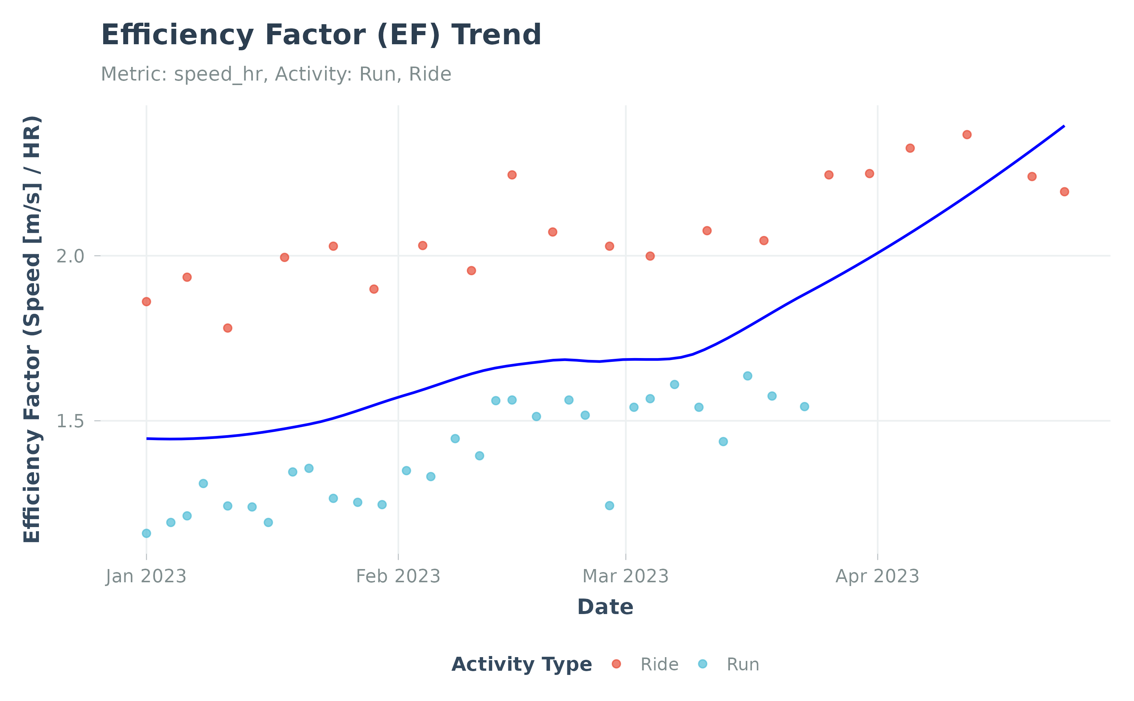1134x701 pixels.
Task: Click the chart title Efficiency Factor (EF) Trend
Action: point(321,35)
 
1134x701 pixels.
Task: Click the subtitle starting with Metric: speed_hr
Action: point(276,74)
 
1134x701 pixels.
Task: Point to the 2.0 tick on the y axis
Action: point(70,256)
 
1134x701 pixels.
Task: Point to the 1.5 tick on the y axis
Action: point(70,421)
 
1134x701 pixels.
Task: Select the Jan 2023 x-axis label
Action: point(146,576)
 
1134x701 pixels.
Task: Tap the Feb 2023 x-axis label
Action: point(398,576)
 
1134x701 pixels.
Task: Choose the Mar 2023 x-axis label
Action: point(625,576)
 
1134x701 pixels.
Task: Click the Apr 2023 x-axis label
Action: point(877,576)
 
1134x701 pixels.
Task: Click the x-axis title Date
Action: point(605,607)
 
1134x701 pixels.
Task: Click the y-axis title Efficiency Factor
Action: point(33,329)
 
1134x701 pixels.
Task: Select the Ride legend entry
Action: point(658,664)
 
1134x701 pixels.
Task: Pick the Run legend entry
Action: point(742,664)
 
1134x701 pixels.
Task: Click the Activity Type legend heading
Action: point(521,664)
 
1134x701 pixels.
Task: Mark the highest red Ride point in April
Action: point(967,135)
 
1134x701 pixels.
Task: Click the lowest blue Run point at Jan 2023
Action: point(146,533)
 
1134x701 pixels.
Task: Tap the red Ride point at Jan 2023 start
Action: point(146,302)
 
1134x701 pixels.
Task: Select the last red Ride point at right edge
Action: point(1064,191)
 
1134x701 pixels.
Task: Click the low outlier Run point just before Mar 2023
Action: point(609,506)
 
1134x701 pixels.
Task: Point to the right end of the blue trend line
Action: point(1064,126)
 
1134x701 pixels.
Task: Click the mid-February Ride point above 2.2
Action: point(511,175)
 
